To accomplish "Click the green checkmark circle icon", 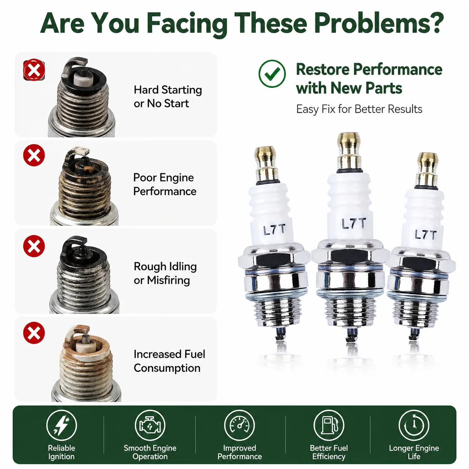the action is tap(272, 74).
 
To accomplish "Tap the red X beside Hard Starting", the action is tap(34, 70).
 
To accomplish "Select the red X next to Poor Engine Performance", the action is tap(34, 155).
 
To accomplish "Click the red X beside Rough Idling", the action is tap(34, 246).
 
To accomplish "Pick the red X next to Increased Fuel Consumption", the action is tap(34, 333).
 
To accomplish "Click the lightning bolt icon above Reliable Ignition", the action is tap(61, 425).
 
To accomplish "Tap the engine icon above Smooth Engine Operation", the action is tap(150, 425).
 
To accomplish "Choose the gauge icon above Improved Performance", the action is tap(239, 425).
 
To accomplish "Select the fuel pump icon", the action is tap(329, 425).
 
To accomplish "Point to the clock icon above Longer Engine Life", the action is tap(414, 425).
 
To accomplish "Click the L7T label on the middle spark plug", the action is tap(354, 223).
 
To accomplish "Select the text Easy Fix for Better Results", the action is tap(359, 109).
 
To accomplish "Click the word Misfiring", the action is tap(168, 280).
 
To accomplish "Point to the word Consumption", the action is tap(167, 368).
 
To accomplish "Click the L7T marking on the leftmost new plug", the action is tap(274, 230).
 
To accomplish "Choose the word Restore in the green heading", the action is tap(323, 69).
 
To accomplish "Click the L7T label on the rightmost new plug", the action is tap(426, 235).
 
